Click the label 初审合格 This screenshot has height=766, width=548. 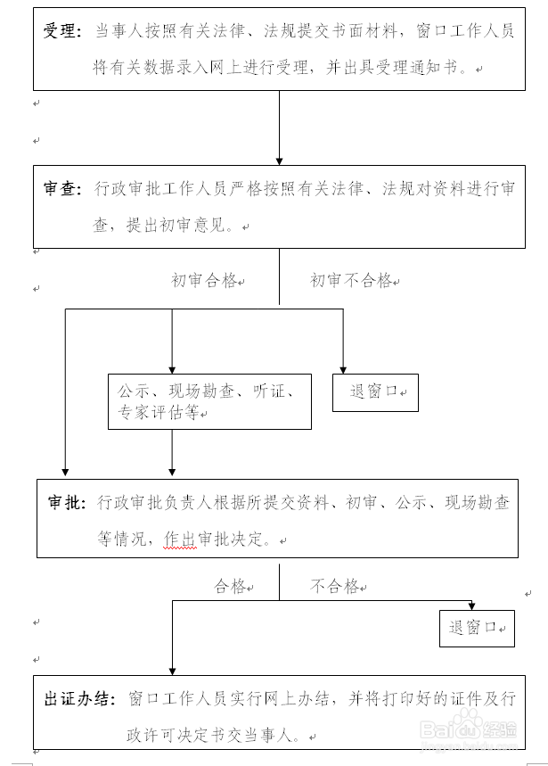tap(204, 281)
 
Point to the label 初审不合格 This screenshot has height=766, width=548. tap(351, 281)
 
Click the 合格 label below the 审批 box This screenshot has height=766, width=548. tap(229, 587)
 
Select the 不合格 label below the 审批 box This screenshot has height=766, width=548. tap(334, 587)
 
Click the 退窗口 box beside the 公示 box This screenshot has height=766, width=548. tap(374, 391)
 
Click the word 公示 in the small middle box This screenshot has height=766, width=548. tap(133, 391)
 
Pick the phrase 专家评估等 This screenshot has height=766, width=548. tap(158, 413)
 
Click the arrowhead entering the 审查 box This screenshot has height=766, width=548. tap(279, 161)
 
